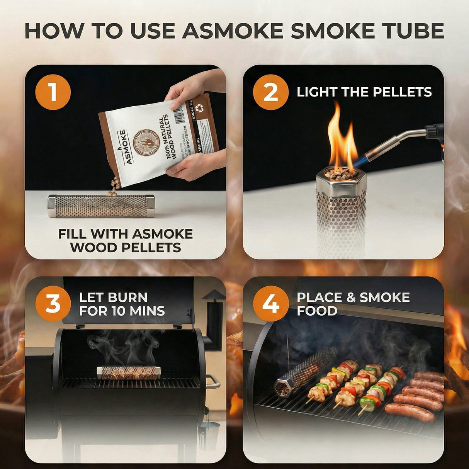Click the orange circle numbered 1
53,92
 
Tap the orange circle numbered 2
270,92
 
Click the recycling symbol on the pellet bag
200,109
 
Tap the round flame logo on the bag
146,143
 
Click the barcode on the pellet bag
178,114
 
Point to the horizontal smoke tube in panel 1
101,206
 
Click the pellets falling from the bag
114,186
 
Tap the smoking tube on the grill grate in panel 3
129,372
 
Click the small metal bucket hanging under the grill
209,435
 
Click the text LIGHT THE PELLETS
364,92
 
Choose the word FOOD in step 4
317,311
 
